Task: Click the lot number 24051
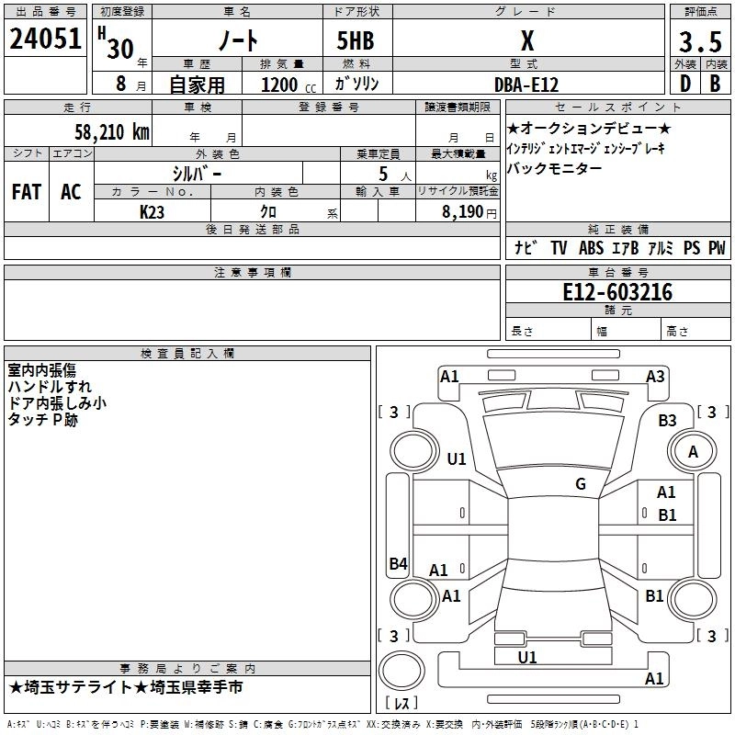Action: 46,42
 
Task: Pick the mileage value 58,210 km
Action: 111,132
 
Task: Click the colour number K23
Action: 153,211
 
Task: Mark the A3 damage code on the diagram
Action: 655,376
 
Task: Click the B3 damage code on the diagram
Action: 667,420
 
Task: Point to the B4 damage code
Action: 398,564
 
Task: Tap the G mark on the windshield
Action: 581,484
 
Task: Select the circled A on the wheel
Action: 693,451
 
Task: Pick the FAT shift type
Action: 27,192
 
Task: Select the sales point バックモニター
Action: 555,168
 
